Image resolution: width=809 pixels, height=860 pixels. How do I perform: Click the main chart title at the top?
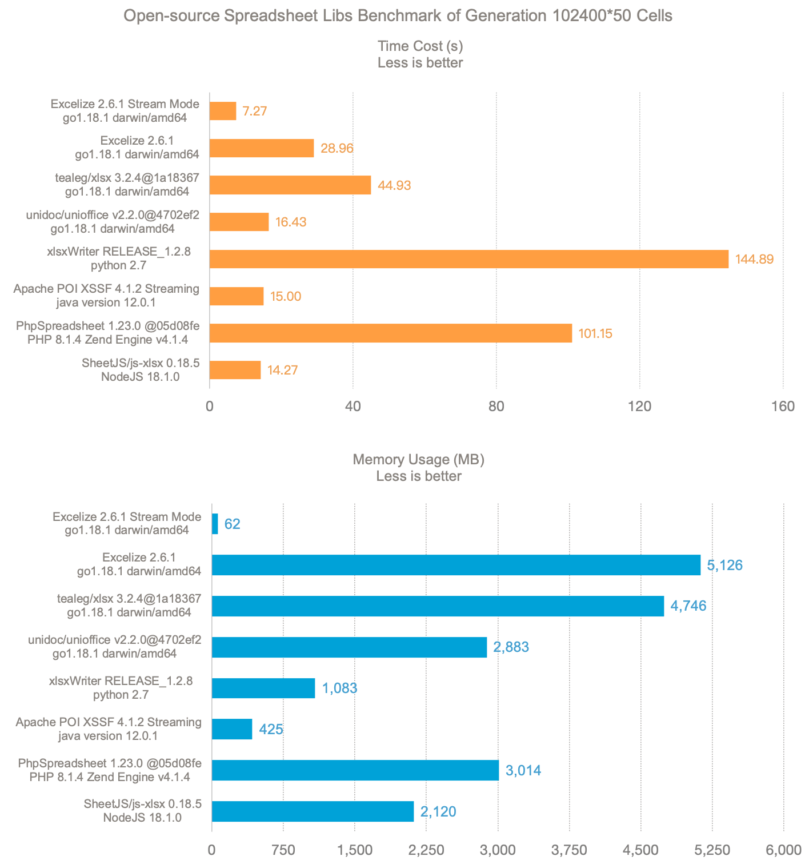coord(398,15)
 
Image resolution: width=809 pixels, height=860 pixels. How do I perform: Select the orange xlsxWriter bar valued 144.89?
coord(468,259)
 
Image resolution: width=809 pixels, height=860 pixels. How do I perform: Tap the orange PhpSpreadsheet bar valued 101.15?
coord(391,333)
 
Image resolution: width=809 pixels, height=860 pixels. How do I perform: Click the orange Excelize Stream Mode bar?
coord(223,111)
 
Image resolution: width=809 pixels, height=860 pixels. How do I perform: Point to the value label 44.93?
coord(394,185)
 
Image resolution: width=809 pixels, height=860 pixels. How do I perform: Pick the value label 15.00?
coord(285,296)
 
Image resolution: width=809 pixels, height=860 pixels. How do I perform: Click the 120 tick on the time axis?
coord(639,406)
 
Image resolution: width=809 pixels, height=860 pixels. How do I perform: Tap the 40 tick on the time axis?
coord(353,406)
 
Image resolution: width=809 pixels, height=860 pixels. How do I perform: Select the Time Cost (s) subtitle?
coord(420,46)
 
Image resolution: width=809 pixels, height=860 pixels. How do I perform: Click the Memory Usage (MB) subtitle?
coord(419,460)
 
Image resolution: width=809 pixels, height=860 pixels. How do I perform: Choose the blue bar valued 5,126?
coord(456,565)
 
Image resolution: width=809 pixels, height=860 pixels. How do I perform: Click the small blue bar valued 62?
coord(215,524)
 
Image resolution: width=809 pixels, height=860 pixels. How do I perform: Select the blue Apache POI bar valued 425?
coord(232,729)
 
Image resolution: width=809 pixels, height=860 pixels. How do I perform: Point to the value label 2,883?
coord(511,647)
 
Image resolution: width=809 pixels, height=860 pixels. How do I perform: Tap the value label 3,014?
coord(523,770)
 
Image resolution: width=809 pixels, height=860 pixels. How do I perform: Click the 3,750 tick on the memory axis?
coord(570,850)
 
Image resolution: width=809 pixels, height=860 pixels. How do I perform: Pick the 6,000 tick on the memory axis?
coord(783,850)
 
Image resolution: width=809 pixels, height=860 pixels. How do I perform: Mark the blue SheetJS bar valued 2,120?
coord(313,811)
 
